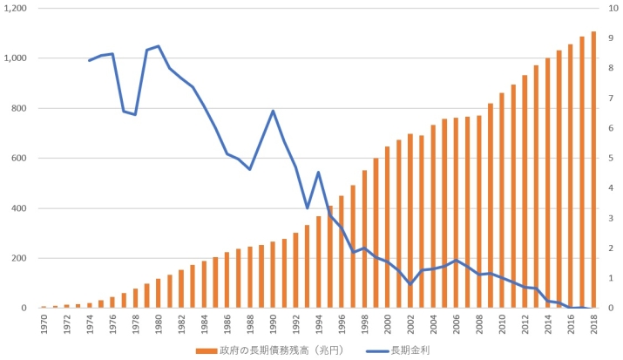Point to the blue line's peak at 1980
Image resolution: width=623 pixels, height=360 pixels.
point(158,46)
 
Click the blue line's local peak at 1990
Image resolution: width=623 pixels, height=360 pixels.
point(273,111)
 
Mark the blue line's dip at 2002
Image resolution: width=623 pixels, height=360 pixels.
point(410,284)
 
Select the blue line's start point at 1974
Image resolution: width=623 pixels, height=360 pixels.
point(89,60)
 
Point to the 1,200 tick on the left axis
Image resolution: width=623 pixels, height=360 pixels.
point(17,9)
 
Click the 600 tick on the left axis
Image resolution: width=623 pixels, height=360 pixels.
point(22,159)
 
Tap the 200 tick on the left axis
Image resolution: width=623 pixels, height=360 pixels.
point(22,259)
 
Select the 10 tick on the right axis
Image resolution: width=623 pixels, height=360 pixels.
point(613,9)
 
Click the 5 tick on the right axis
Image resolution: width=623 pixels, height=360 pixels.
point(611,159)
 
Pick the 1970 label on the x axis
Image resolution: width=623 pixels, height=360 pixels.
point(43,324)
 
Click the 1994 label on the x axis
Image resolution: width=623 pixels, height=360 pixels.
point(319,324)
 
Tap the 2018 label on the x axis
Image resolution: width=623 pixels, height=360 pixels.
point(593,324)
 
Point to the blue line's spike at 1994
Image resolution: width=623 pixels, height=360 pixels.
point(319,172)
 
